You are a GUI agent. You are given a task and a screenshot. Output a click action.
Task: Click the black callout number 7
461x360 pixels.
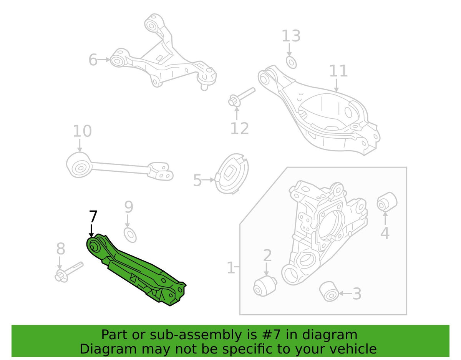(x=93, y=216)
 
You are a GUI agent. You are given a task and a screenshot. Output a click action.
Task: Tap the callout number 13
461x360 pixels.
(x=291, y=36)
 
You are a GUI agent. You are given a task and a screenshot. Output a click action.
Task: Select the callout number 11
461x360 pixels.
(x=338, y=71)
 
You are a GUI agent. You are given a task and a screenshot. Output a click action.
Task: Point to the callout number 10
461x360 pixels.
(x=82, y=131)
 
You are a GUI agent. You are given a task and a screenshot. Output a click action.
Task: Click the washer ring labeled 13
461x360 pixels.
(x=291, y=62)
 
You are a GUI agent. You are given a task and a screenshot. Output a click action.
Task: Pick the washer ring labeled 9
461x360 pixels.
(x=130, y=235)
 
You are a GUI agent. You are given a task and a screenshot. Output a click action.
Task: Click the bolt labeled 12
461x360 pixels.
(x=241, y=97)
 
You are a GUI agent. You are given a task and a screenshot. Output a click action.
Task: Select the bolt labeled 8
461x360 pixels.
(x=69, y=272)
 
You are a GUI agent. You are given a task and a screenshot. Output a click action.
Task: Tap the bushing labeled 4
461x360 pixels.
(x=387, y=202)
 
